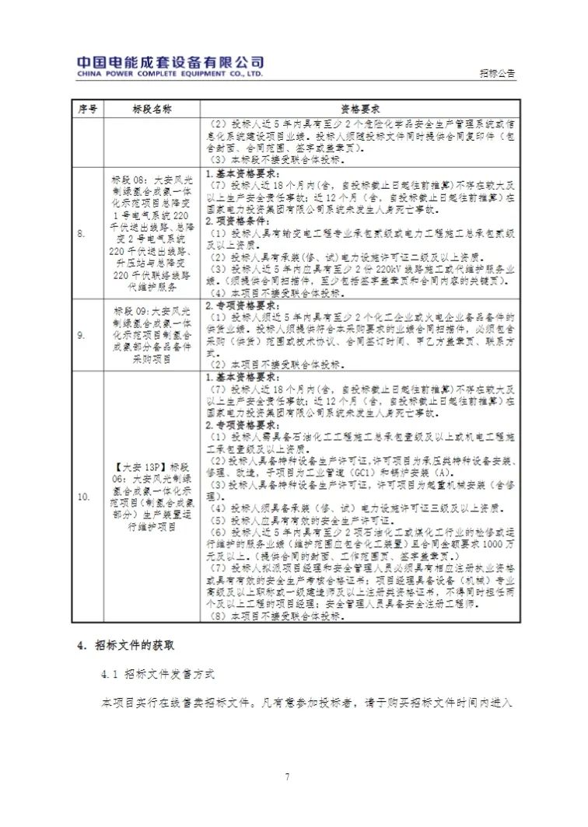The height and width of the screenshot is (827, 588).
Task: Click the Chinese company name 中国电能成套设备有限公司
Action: click(170, 62)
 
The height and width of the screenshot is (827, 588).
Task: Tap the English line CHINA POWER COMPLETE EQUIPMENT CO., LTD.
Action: click(170, 75)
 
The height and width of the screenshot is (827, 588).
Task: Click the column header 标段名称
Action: click(152, 108)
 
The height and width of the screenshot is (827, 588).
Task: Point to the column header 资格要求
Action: click(359, 108)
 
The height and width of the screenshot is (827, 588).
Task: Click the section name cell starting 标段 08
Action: click(152, 232)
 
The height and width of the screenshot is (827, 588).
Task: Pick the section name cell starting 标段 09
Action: click(152, 335)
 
